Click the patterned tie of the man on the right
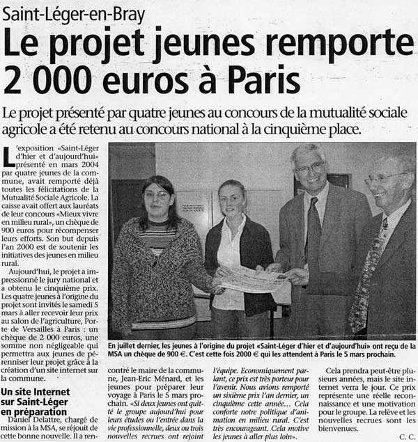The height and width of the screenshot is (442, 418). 362,278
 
